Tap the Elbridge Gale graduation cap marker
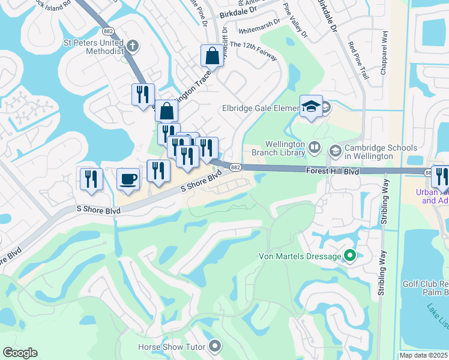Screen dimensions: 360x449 (x=311, y=106)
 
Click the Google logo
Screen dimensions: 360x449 (x=20, y=353)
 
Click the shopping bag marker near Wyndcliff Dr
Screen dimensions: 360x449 (x=212, y=56)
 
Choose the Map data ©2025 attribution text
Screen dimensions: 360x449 (x=423, y=355)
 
